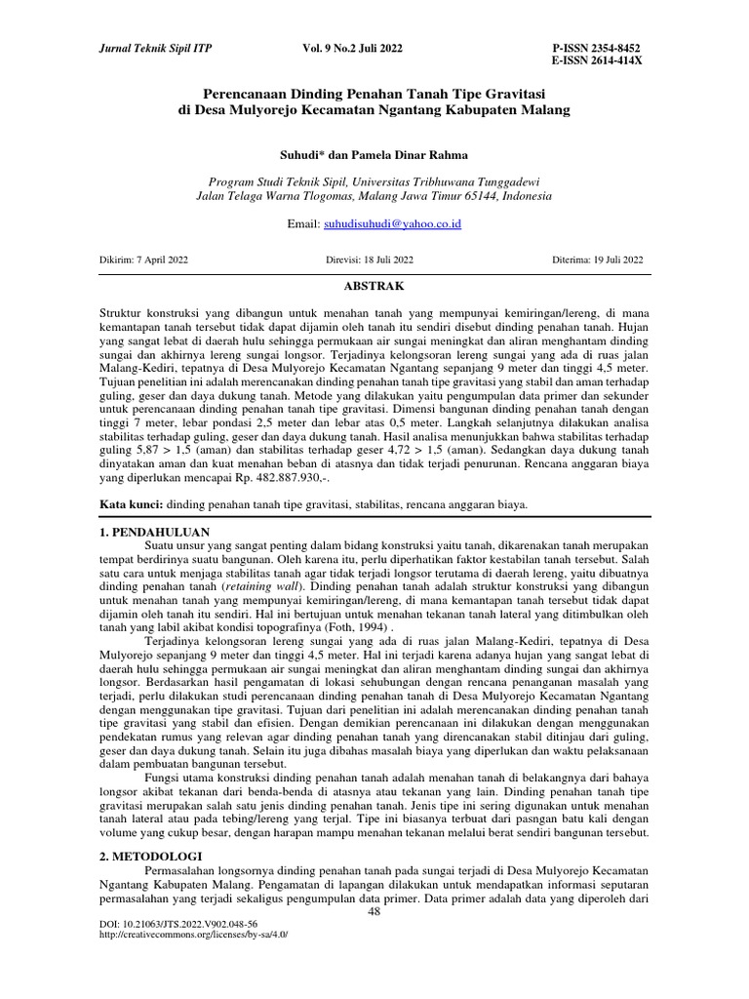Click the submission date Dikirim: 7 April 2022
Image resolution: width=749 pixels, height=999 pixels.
[144, 260]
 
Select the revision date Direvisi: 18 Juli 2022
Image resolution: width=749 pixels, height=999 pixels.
[369, 260]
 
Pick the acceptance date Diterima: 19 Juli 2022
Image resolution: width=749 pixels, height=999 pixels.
[598, 260]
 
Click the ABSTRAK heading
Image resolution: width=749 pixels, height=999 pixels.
[374, 286]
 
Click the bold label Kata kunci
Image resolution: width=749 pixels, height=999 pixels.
[132, 504]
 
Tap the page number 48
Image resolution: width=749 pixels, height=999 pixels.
[374, 911]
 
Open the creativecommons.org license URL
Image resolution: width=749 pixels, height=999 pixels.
[194, 934]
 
